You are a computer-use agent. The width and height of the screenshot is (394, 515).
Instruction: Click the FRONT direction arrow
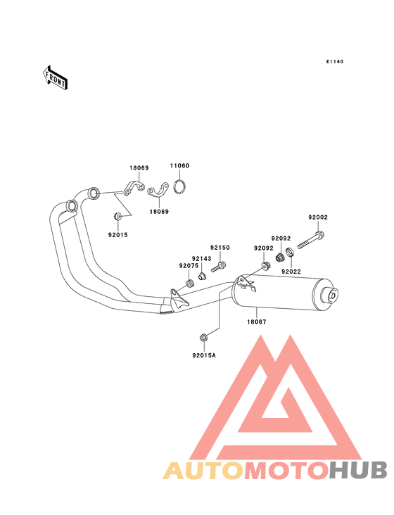[55, 78]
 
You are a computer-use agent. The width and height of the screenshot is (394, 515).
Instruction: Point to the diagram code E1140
[335, 61]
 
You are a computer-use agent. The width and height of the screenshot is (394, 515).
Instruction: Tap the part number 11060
[179, 165]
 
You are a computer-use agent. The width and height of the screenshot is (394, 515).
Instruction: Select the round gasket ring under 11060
[179, 186]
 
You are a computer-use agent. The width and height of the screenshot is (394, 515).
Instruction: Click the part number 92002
[318, 217]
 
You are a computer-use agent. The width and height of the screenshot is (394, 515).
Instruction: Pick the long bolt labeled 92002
[311, 240]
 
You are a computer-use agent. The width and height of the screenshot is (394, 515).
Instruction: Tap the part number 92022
[291, 272]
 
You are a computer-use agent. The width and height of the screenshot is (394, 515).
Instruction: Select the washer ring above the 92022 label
[290, 253]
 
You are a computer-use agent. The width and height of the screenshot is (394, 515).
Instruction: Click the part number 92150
[220, 248]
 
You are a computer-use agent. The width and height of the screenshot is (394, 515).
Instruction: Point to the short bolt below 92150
[219, 267]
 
